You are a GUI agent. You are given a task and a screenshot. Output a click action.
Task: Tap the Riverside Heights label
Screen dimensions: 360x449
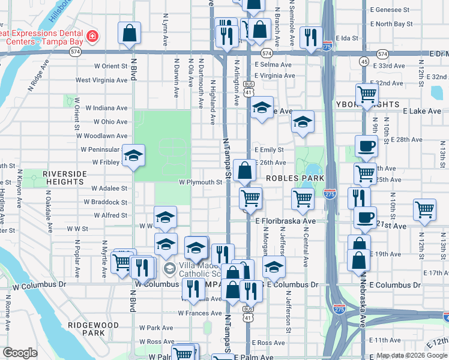pyautogui.click(x=64, y=178)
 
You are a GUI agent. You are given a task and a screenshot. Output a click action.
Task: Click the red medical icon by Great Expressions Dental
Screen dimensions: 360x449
pyautogui.click(x=92, y=37)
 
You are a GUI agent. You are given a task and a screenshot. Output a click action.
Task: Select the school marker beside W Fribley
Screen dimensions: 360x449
pyautogui.click(x=133, y=156)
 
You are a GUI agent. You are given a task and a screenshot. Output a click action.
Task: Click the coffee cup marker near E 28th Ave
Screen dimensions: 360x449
pyautogui.click(x=366, y=146)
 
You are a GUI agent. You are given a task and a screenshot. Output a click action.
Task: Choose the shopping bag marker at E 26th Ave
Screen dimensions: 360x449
pyautogui.click(x=244, y=171)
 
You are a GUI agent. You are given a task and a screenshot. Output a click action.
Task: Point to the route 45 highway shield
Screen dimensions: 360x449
pyautogui.click(x=364, y=62)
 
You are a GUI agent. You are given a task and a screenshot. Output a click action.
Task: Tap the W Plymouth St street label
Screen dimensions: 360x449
pyautogui.click(x=200, y=182)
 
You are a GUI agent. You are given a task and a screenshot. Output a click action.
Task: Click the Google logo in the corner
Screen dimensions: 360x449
pyautogui.click(x=20, y=353)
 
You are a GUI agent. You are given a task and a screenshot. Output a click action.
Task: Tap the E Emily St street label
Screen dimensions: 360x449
pyautogui.click(x=268, y=149)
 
